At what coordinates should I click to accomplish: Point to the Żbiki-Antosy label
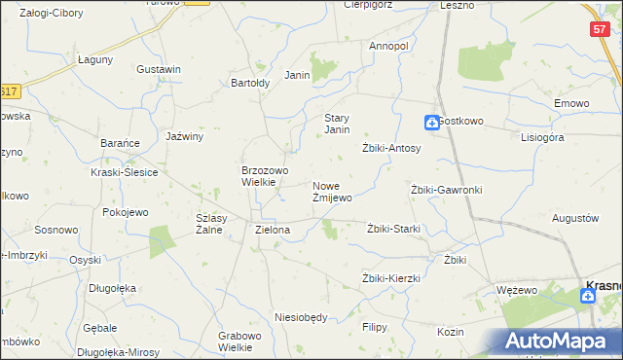[x=391, y=148]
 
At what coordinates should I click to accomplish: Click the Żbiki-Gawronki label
[x=447, y=190]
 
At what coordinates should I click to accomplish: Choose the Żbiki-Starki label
[x=393, y=229]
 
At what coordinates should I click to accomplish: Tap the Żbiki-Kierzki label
[x=390, y=278]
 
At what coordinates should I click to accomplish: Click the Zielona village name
[x=273, y=231]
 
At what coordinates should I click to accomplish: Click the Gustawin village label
[x=160, y=70]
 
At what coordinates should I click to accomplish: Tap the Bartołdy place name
[x=249, y=83]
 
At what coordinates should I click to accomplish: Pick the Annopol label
[x=388, y=46]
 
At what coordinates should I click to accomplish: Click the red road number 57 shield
[x=600, y=30]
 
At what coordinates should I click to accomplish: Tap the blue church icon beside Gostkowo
[x=430, y=123]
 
